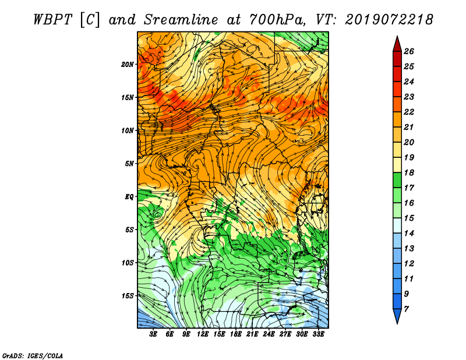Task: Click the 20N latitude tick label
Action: (128, 65)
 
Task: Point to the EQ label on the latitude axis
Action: (129, 197)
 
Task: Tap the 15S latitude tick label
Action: (128, 296)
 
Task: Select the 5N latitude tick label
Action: (129, 164)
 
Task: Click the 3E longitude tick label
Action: (153, 334)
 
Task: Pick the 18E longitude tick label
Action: (235, 334)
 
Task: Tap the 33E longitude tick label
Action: (318, 334)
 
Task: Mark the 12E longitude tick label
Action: (202, 334)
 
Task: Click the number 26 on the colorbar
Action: (409, 51)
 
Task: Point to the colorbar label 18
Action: (409, 172)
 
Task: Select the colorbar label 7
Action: (406, 309)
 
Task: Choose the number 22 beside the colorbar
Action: (409, 112)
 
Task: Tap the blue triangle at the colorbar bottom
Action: (397, 315)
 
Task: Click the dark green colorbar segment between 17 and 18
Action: (397, 180)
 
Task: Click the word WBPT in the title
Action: (52, 20)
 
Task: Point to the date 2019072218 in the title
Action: (389, 20)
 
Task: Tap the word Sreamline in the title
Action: (181, 20)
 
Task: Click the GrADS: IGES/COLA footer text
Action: (33, 355)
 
